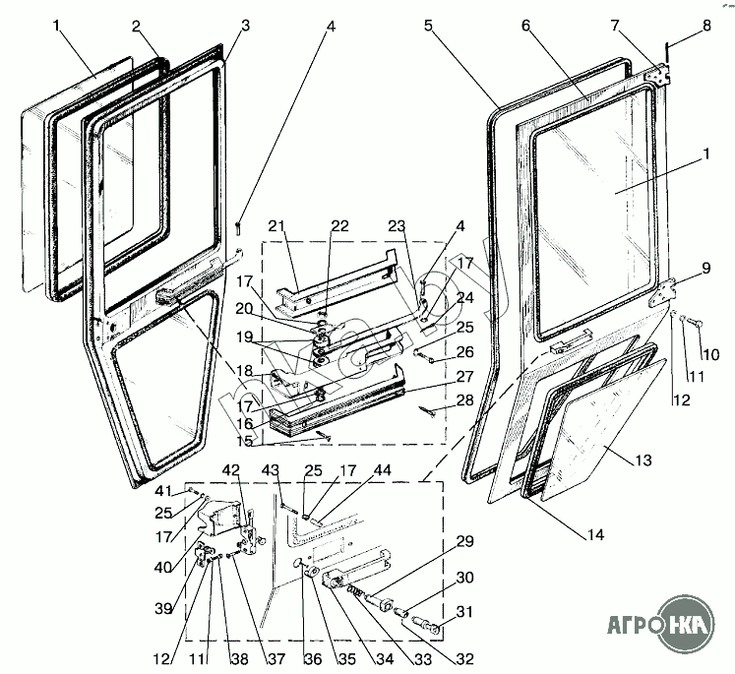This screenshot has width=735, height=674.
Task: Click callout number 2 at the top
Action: [x=136, y=25]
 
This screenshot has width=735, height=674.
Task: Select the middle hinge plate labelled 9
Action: [x=668, y=292]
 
